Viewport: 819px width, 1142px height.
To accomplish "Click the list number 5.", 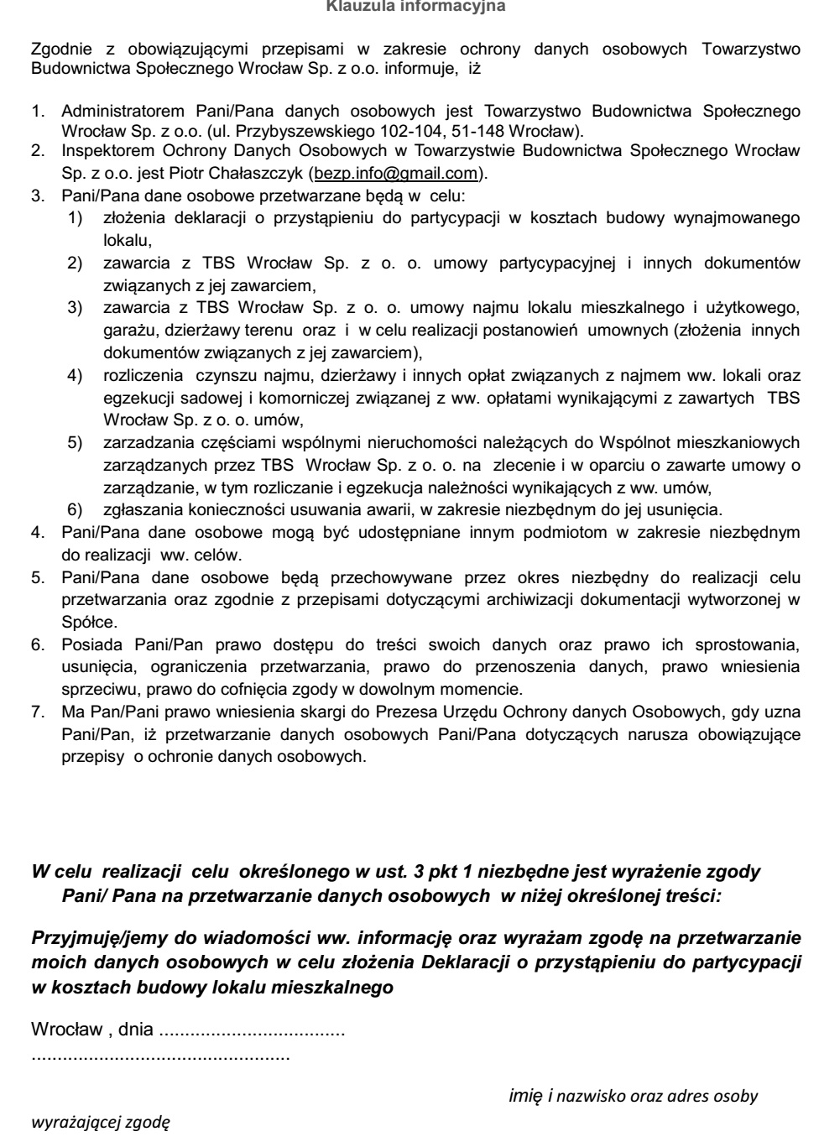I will pos(38,577).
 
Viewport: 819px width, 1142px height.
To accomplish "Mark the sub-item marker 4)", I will pos(75,375).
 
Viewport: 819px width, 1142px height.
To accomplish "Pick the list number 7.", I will pos(38,712).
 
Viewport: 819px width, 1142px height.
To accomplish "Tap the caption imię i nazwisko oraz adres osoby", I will pos(634,1095).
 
